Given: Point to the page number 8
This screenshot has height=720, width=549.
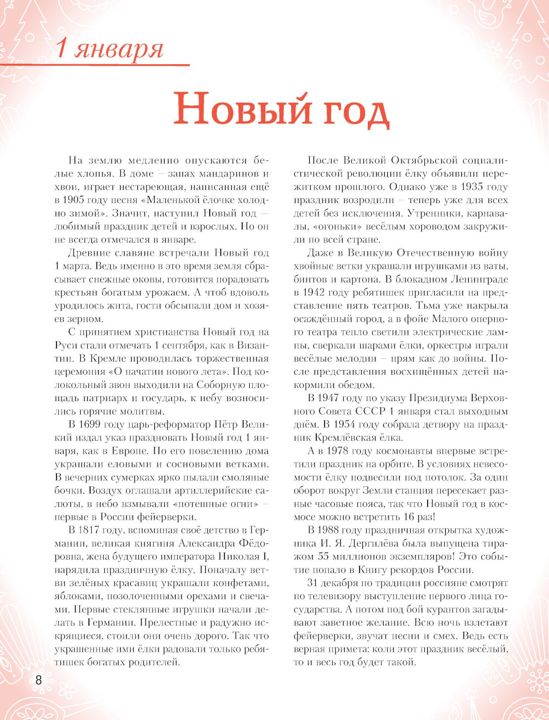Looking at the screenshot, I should tap(38, 680).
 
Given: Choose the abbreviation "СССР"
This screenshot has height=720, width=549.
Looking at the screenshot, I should tap(400, 412).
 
